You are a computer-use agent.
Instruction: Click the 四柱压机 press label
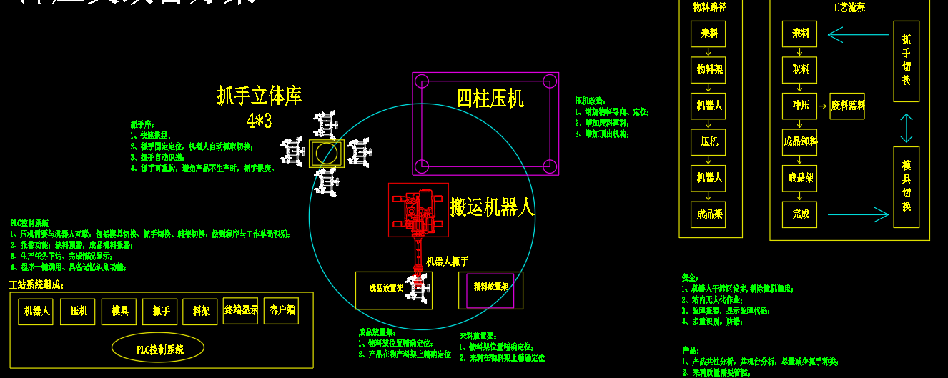point(490,98)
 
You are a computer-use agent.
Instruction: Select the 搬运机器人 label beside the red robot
point(492,208)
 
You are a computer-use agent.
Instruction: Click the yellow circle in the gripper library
point(327,153)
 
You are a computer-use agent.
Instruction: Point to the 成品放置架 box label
point(386,289)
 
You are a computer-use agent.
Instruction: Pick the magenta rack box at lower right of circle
point(490,290)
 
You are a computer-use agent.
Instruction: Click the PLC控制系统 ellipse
point(158,349)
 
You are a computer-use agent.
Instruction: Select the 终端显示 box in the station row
point(240,311)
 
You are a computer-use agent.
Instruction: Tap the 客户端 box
point(281,311)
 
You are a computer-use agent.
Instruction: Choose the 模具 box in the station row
point(119,312)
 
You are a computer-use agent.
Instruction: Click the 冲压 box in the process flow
point(799,106)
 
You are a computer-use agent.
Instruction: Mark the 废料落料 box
point(847,106)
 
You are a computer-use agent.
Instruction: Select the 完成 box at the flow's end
point(799,213)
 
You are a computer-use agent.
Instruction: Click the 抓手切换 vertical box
point(906,61)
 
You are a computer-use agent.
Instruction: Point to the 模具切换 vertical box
point(906,187)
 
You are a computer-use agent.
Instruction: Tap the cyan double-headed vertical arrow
point(906,129)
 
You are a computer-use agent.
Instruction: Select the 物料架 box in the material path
point(708,70)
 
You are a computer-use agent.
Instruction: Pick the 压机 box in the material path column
point(708,142)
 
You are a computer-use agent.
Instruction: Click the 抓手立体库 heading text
point(260,96)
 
